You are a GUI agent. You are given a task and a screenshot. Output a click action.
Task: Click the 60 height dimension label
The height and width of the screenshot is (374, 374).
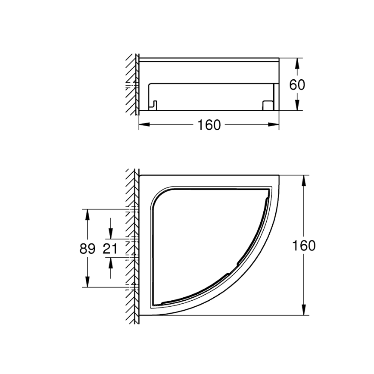coord(297,84)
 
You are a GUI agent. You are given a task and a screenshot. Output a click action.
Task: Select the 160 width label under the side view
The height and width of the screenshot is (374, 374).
coord(209,125)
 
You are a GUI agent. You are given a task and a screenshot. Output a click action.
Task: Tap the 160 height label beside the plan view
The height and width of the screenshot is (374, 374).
coord(304,246)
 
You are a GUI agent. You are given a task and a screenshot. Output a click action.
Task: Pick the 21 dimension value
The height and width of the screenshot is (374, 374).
coord(111,249)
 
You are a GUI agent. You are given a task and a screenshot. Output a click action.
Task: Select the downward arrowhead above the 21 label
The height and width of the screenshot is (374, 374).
coord(111,234)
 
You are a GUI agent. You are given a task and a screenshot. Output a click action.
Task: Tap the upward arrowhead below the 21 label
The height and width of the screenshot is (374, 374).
coord(111,262)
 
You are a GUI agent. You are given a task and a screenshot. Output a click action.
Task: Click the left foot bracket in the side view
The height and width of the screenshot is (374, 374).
coord(153,105)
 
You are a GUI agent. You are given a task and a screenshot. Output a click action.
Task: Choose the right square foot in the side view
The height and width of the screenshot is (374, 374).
coord(267,105)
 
